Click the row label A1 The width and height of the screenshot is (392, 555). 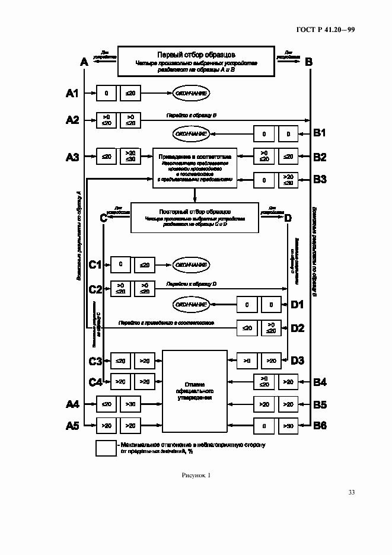72,93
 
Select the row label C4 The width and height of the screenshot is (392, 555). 95,381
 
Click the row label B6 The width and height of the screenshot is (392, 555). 320,425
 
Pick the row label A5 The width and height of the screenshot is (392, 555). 72,425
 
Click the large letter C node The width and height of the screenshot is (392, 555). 103,218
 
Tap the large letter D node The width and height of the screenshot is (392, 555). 288,218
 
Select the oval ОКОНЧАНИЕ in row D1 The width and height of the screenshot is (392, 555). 191,305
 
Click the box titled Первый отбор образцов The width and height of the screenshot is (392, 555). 196,61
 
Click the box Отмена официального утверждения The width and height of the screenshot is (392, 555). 195,391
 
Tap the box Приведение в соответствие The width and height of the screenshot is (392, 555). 195,168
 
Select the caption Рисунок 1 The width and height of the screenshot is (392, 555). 195,475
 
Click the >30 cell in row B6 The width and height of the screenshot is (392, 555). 288,425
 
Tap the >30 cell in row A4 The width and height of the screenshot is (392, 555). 130,404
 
